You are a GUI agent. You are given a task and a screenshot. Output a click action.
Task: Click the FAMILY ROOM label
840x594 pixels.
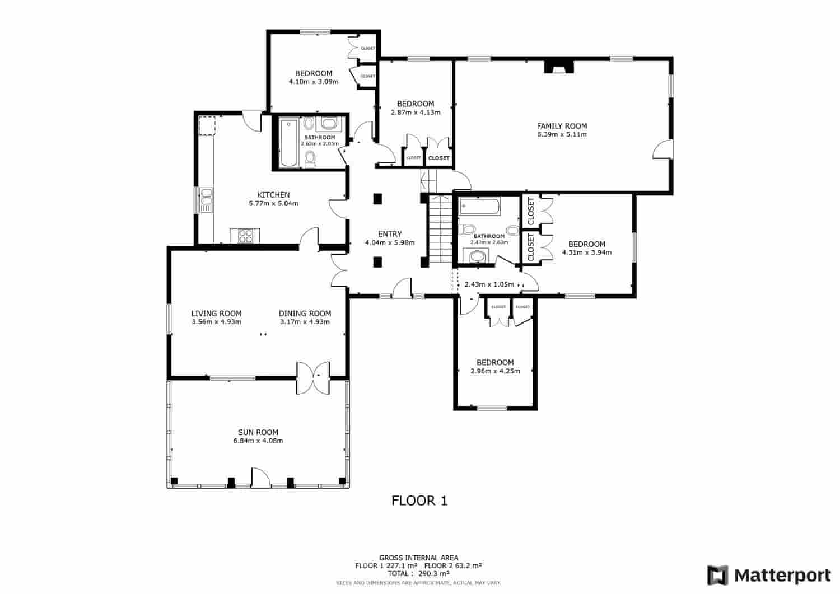point(562,126)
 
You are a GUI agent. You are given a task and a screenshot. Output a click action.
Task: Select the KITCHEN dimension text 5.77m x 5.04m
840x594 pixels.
point(273,204)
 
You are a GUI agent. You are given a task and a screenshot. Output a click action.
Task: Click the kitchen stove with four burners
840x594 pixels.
point(245,236)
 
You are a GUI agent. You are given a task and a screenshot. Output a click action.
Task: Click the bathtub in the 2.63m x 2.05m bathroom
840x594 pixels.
point(290,143)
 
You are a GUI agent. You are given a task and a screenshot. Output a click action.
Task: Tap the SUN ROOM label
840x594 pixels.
point(258,432)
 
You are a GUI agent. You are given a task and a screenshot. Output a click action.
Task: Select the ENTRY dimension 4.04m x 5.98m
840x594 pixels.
point(390,243)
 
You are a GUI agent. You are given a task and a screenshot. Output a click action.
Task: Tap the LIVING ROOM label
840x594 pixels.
point(216,314)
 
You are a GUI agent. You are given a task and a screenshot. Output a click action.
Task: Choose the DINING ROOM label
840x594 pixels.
point(305,314)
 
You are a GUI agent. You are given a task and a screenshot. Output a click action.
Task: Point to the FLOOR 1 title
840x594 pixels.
point(419,501)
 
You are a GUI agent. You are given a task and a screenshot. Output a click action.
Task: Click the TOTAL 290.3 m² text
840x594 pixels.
point(419,573)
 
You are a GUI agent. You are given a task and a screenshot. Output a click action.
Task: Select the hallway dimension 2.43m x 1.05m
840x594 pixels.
point(489,284)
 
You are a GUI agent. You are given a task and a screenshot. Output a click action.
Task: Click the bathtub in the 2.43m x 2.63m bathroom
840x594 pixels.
point(480,208)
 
